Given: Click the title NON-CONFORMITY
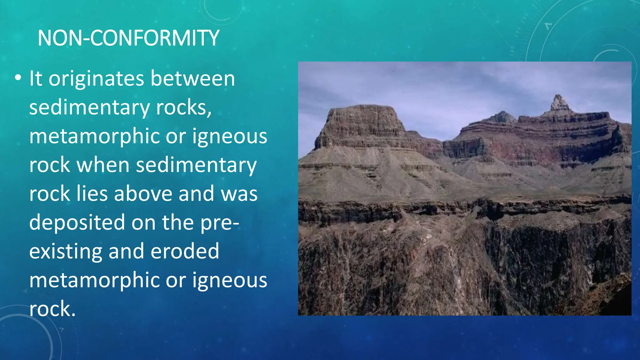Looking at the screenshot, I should click(x=128, y=38).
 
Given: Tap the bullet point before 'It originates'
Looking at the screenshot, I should click(x=18, y=78).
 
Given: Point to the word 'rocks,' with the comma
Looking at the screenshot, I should click(x=184, y=107).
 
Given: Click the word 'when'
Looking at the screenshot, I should click(x=103, y=165).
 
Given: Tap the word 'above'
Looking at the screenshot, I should click(x=143, y=194).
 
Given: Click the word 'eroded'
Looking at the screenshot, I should click(x=185, y=251).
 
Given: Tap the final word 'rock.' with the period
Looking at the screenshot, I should click(x=52, y=309).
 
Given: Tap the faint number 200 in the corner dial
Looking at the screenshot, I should click(x=524, y=18).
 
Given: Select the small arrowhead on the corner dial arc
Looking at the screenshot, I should click(x=548, y=26).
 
